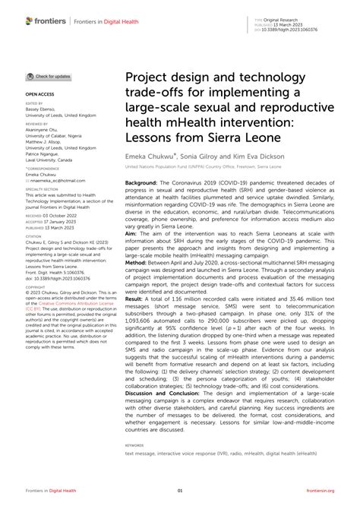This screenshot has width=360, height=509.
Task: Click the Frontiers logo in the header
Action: tap(44, 15)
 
